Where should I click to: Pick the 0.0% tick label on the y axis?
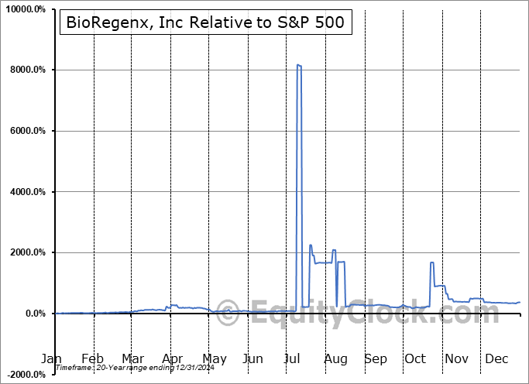coord(38,314)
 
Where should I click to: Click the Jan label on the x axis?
coord(52,359)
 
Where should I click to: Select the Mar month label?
coord(132,359)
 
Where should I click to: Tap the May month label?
coord(215,359)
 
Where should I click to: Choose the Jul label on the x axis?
coord(294,359)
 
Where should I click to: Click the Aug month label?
coord(335,359)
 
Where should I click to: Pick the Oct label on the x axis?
coord(416,359)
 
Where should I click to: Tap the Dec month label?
coord(496,359)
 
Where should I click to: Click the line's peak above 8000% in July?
coord(299,65)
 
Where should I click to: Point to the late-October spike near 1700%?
coord(431,262)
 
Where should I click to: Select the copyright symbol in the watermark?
coord(228,314)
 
